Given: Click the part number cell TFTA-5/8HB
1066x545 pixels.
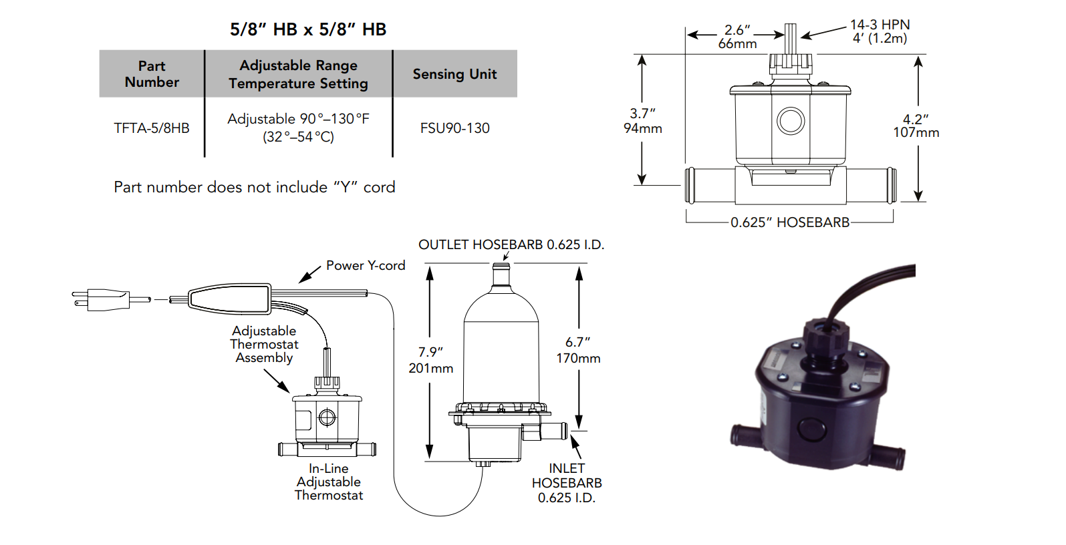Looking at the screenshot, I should point(152,128).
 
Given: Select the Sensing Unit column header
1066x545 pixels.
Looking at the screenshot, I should point(454,74).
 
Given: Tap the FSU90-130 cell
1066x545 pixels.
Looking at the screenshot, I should point(454,128).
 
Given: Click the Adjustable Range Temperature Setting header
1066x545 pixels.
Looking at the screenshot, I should point(298,74).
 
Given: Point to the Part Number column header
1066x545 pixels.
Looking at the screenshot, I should point(152,74).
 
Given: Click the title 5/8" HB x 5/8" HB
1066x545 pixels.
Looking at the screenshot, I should point(308,29).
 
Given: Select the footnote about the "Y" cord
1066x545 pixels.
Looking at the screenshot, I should point(254,187).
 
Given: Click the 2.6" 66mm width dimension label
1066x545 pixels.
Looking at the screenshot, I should point(737,37).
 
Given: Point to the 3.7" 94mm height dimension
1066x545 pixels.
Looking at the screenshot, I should point(642,121).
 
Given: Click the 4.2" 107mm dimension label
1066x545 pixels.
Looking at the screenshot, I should point(916,126).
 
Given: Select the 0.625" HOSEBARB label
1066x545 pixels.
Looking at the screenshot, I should point(790,222).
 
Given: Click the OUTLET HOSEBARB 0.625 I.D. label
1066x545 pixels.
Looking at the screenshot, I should point(511,244).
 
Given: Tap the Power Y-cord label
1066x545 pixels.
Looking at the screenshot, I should point(366,265).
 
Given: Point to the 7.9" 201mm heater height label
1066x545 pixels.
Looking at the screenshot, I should point(431,360).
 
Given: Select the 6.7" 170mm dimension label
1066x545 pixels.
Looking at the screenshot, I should point(578,350).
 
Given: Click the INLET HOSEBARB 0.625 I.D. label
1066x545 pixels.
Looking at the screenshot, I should point(567,483).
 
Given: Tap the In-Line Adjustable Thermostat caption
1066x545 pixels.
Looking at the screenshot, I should point(329,482).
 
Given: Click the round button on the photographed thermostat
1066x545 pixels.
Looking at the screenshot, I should point(811,428).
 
